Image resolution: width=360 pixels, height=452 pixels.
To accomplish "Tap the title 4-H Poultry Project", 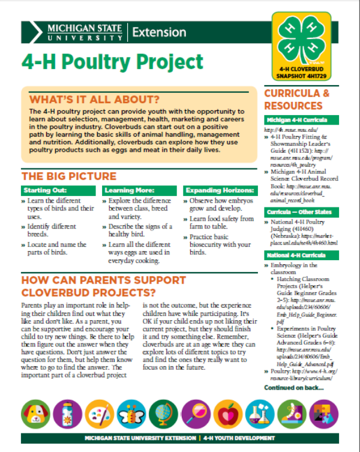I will pos(112,62).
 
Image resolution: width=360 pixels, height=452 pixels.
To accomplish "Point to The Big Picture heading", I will pos(69,176).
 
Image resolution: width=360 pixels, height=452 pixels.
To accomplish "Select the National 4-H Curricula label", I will pos(292,256).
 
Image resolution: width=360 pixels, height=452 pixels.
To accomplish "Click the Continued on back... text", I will pos(293,388).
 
